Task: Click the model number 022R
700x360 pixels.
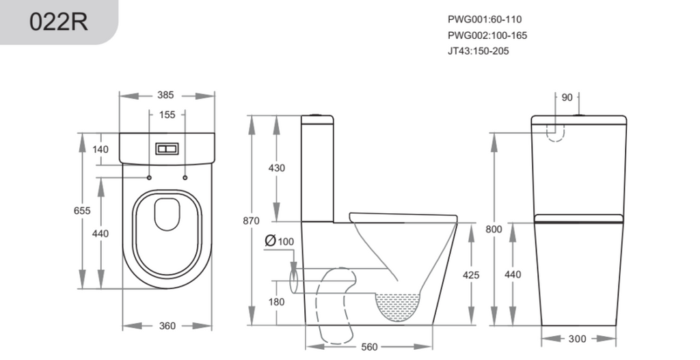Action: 59,21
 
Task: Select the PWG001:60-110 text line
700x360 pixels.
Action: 485,19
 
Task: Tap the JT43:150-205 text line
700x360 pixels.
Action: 478,51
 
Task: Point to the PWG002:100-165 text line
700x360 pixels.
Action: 487,36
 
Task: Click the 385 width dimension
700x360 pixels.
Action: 165,95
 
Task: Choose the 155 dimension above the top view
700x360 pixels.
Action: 167,115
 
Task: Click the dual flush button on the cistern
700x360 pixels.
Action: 167,149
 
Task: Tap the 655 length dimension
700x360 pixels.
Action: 82,210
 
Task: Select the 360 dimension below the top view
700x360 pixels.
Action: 167,326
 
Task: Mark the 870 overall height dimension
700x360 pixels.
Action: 251,221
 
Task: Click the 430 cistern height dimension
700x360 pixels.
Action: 276,168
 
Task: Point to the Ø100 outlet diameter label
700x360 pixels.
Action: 280,241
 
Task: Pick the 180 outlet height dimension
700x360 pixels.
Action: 276,302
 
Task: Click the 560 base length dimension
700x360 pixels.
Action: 369,346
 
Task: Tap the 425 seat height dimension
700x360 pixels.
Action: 471,275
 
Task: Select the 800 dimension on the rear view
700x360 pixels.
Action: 494,230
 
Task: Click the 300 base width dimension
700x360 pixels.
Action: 577,339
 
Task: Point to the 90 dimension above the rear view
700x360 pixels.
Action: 567,97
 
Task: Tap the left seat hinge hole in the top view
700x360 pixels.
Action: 149,178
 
